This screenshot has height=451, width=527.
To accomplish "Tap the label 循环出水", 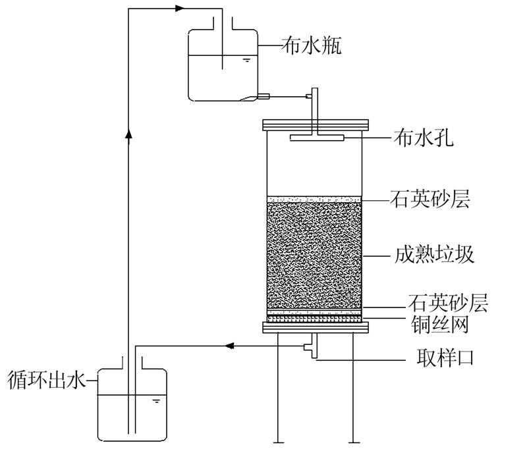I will pyautogui.click(x=47, y=380).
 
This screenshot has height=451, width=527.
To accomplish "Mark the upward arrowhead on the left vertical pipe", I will pyautogui.click(x=129, y=134).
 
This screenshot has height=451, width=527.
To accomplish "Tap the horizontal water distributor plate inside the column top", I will pyautogui.click(x=317, y=138).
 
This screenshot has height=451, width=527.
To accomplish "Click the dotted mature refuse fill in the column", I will pyautogui.click(x=314, y=253).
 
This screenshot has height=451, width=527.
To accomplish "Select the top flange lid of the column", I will pyautogui.click(x=314, y=124).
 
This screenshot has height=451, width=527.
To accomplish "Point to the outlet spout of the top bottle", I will pyautogui.click(x=264, y=97).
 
